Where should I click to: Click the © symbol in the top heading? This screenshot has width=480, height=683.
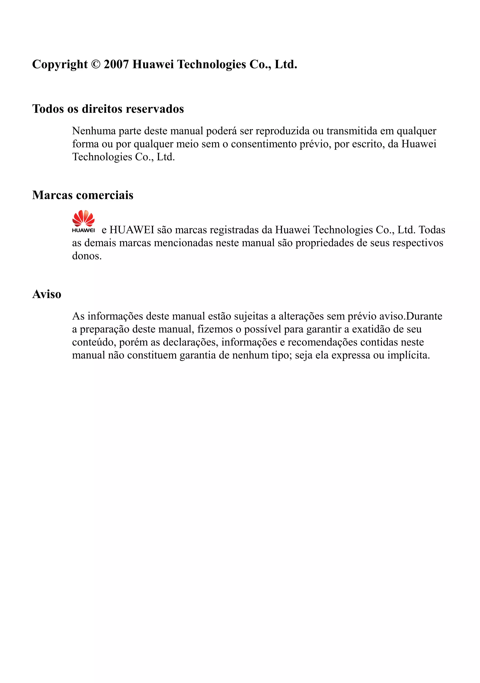96,64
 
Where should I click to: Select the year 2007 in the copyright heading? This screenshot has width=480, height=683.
116,64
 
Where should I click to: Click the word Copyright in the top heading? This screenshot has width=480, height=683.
60,64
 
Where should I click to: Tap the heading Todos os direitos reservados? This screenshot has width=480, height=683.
108,109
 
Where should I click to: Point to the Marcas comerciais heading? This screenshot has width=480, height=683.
83,195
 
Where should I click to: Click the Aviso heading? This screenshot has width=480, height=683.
47,294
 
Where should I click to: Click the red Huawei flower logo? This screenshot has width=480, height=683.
83,219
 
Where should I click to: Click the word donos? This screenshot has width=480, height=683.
86,256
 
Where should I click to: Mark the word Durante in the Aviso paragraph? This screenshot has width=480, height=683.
424,316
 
